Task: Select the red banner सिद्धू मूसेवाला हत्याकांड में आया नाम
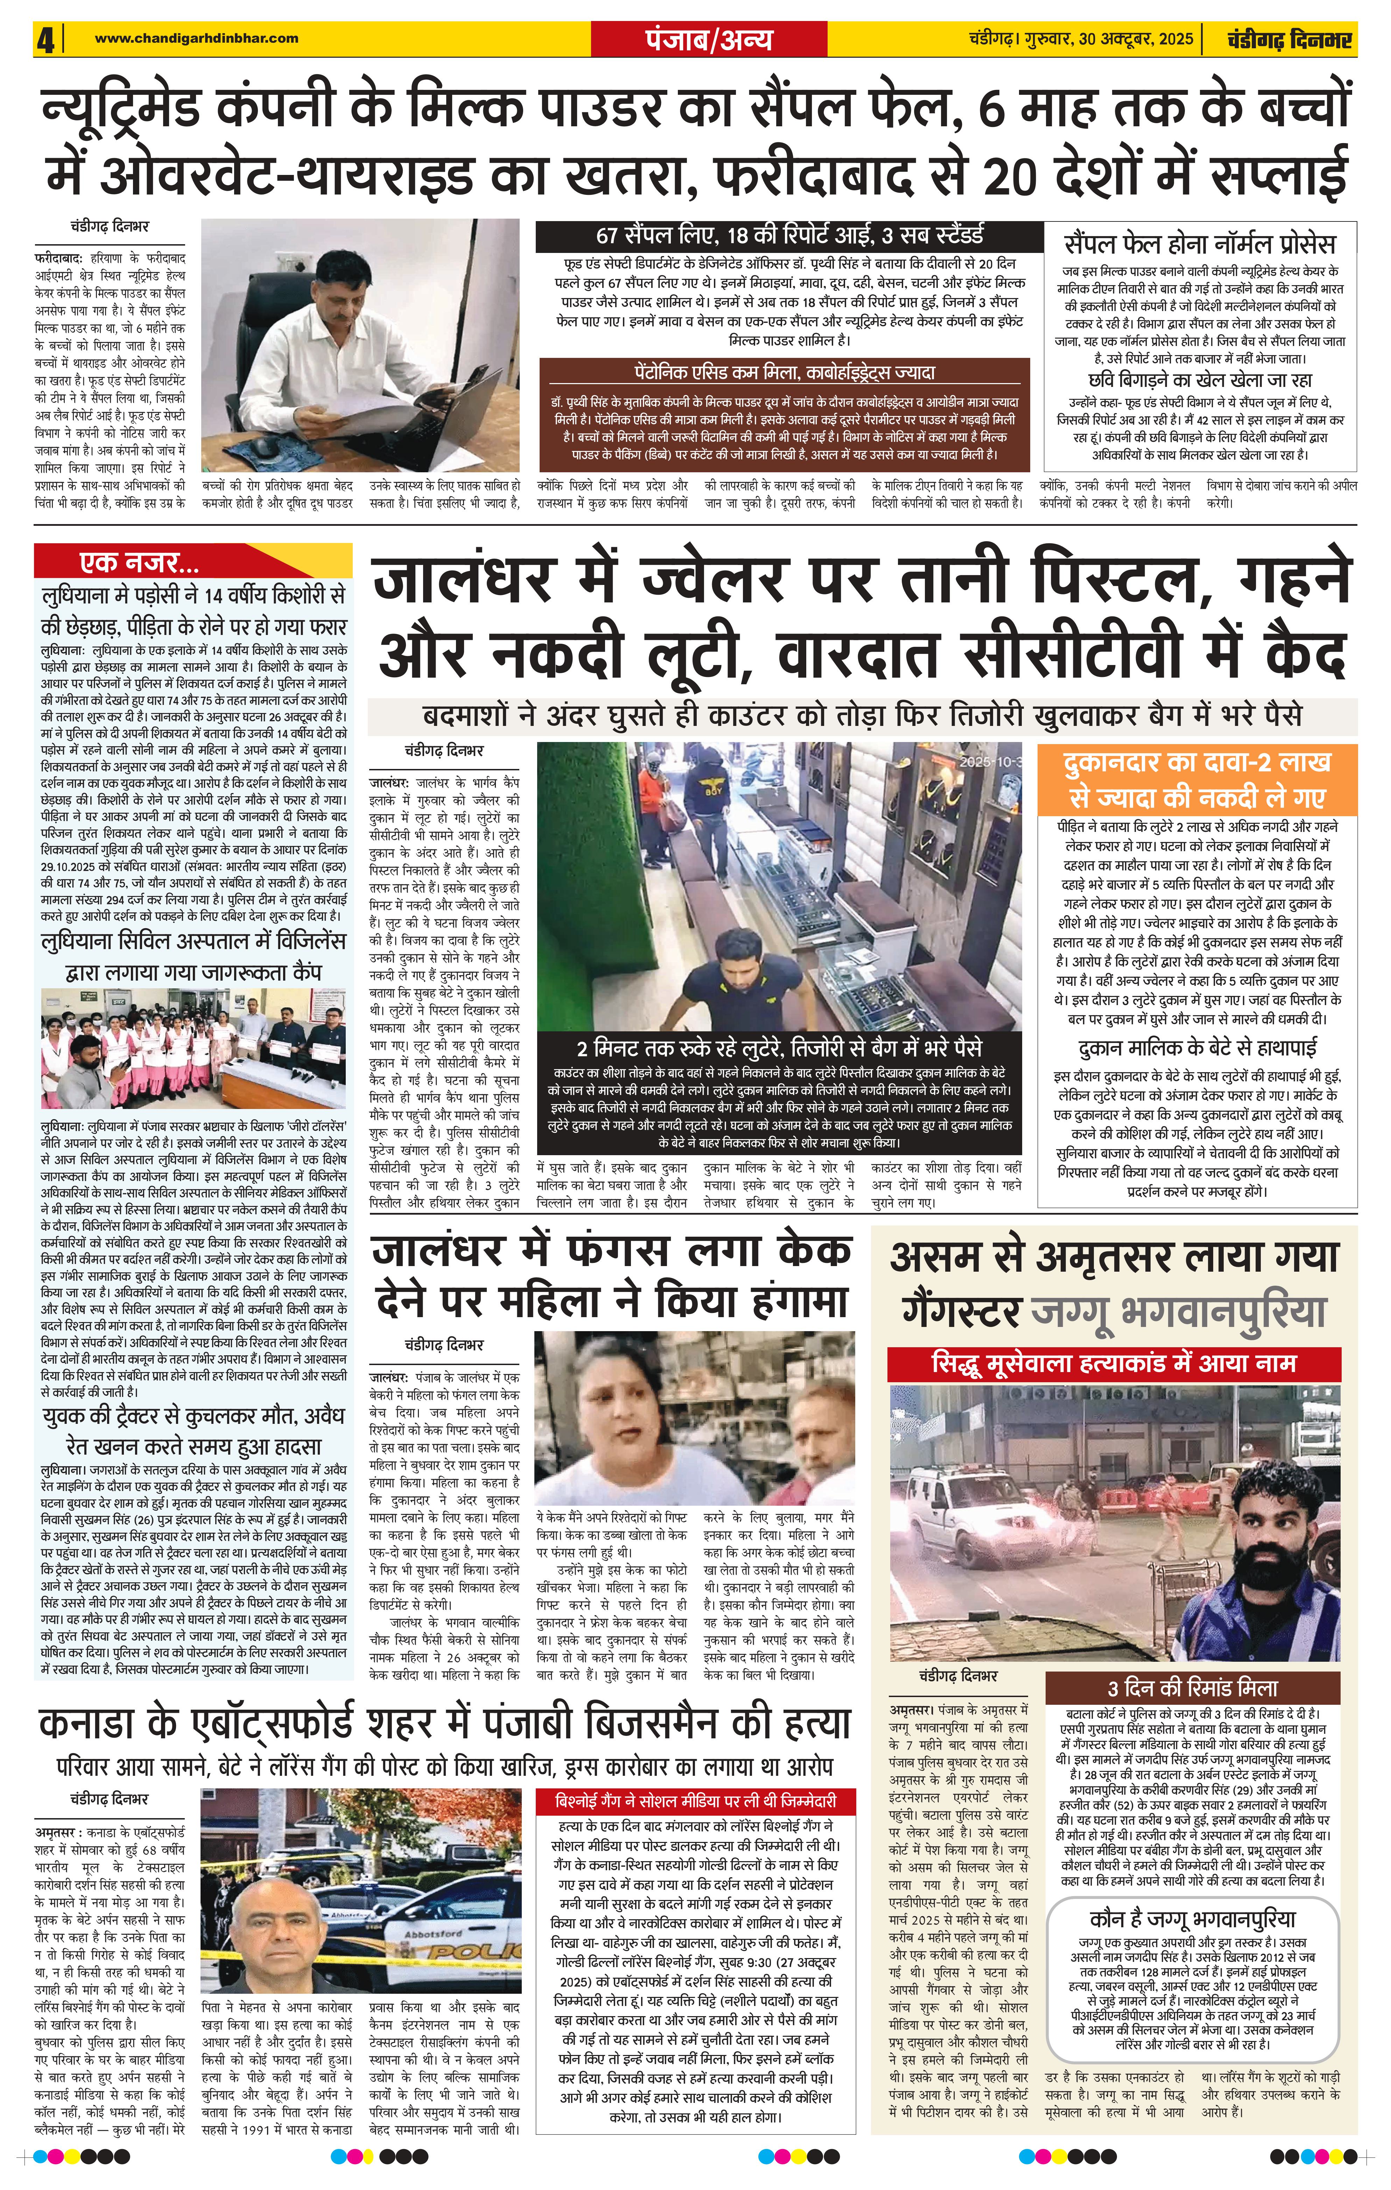point(1113,1363)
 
